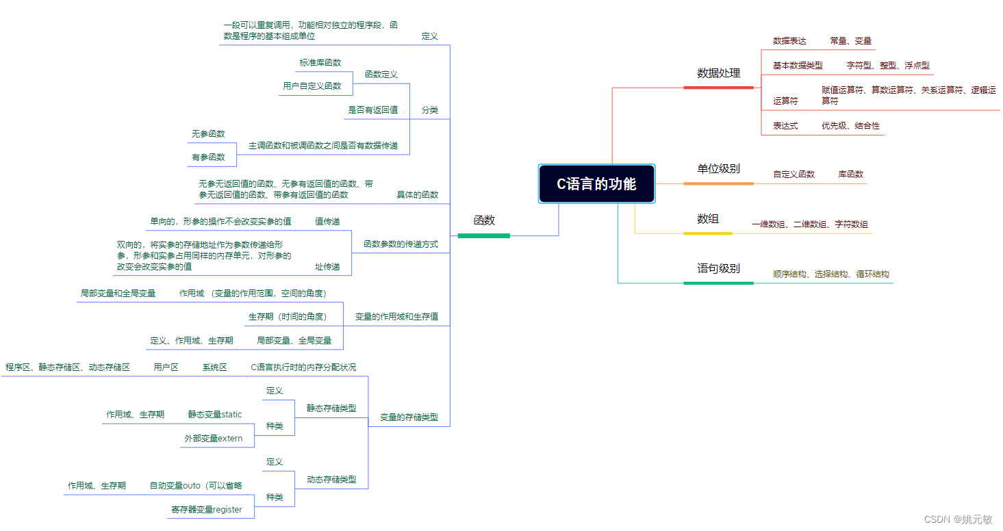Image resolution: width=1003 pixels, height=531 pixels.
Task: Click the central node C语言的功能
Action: point(596,183)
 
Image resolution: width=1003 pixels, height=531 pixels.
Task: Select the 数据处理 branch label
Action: point(718,73)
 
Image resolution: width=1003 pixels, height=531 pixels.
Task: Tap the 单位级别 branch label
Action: point(718,168)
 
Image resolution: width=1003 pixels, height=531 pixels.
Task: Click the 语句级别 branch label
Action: point(718,268)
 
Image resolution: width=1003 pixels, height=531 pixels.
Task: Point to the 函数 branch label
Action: point(484,220)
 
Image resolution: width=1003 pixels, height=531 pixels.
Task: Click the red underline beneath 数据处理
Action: point(718,88)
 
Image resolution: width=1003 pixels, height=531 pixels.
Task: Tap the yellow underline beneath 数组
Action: point(707,233)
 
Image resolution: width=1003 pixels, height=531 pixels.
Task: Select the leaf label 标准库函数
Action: point(320,62)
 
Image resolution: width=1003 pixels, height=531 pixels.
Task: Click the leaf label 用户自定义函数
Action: point(312,86)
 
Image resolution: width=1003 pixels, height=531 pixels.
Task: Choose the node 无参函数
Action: point(208,133)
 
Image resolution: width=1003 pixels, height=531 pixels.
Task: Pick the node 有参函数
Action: point(208,157)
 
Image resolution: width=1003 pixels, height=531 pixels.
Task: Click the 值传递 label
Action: point(327,221)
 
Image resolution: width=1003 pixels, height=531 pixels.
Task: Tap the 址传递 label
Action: point(327,266)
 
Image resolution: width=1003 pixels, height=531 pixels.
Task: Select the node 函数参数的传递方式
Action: point(401,244)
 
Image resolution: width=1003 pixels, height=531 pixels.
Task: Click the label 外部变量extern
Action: point(213,438)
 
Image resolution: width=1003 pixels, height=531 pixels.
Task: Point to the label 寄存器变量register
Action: point(206,509)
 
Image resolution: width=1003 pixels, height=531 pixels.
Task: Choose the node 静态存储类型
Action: point(331,408)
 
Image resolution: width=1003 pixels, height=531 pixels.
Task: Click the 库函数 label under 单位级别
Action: point(850,174)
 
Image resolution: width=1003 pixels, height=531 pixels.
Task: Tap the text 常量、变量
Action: point(850,41)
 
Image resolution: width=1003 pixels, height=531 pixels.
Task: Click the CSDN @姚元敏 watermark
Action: point(958,519)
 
